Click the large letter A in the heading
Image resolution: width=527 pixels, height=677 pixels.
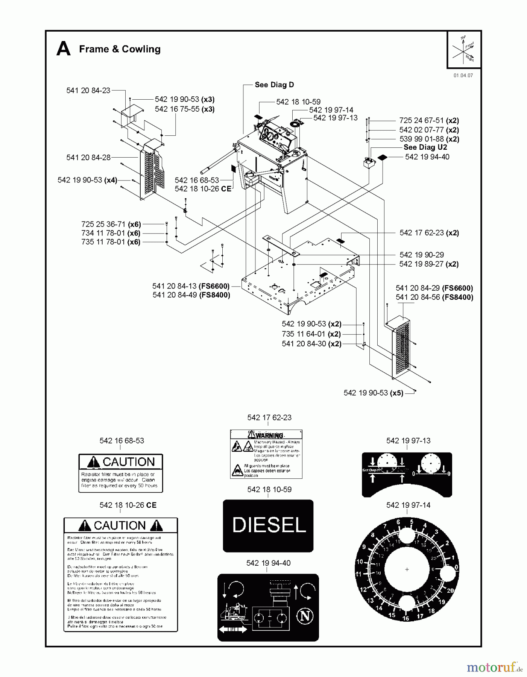point(63,49)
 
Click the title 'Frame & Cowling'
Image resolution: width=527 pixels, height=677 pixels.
point(120,49)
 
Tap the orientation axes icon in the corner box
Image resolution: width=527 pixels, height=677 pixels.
point(464,50)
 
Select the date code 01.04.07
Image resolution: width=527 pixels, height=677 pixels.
point(463,75)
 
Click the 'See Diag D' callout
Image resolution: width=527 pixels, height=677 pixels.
point(274,85)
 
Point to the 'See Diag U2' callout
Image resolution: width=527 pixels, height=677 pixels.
point(425,147)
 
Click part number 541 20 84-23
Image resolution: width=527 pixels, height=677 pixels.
point(88,90)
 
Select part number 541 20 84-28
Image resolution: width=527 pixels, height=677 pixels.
point(88,158)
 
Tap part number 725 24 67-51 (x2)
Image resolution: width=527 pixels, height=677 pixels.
point(429,121)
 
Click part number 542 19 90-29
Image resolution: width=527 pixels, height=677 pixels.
point(421,255)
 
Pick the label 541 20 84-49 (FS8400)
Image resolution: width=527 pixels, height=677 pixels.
point(191,295)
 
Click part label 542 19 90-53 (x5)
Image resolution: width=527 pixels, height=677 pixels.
point(373,393)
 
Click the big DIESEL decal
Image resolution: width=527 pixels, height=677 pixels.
point(268,525)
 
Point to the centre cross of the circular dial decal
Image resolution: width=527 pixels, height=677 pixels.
point(407,569)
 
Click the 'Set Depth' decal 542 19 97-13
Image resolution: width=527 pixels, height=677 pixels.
point(407,475)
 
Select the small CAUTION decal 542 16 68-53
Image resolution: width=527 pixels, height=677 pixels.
point(121,473)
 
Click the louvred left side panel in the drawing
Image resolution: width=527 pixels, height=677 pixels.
point(152,169)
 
